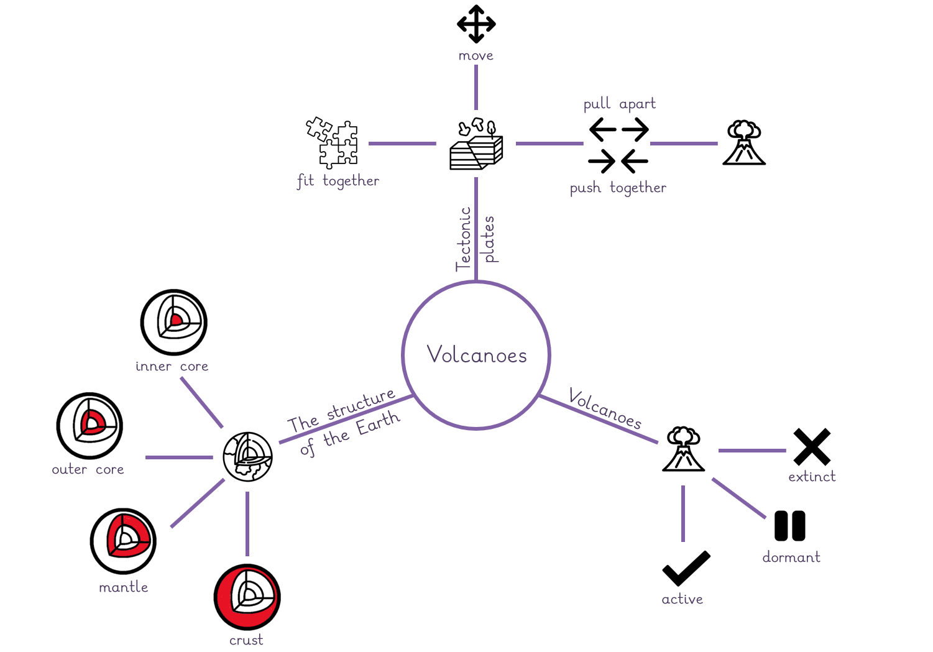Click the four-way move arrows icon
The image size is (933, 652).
click(476, 24)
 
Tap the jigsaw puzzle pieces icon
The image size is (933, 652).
click(332, 142)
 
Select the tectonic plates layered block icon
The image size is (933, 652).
click(476, 144)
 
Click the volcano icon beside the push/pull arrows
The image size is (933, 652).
click(744, 142)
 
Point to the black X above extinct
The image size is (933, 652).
click(812, 447)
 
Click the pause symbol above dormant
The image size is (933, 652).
click(789, 526)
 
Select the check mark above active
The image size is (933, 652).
click(686, 568)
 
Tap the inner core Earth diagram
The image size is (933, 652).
click(173, 323)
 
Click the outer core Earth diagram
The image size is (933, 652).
click(90, 426)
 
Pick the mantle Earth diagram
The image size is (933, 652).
click(123, 541)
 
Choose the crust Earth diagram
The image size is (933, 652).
click(247, 597)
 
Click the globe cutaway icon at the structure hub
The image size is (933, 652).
click(247, 457)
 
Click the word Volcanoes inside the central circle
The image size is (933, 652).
click(477, 354)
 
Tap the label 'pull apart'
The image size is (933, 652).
click(619, 104)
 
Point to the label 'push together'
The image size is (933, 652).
click(618, 188)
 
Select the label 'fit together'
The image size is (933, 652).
click(338, 181)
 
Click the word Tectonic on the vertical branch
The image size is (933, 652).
click(463, 239)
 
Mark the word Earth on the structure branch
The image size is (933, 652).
click(378, 423)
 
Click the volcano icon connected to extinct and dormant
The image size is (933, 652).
click(684, 449)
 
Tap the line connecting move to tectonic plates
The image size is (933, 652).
click(476, 88)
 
